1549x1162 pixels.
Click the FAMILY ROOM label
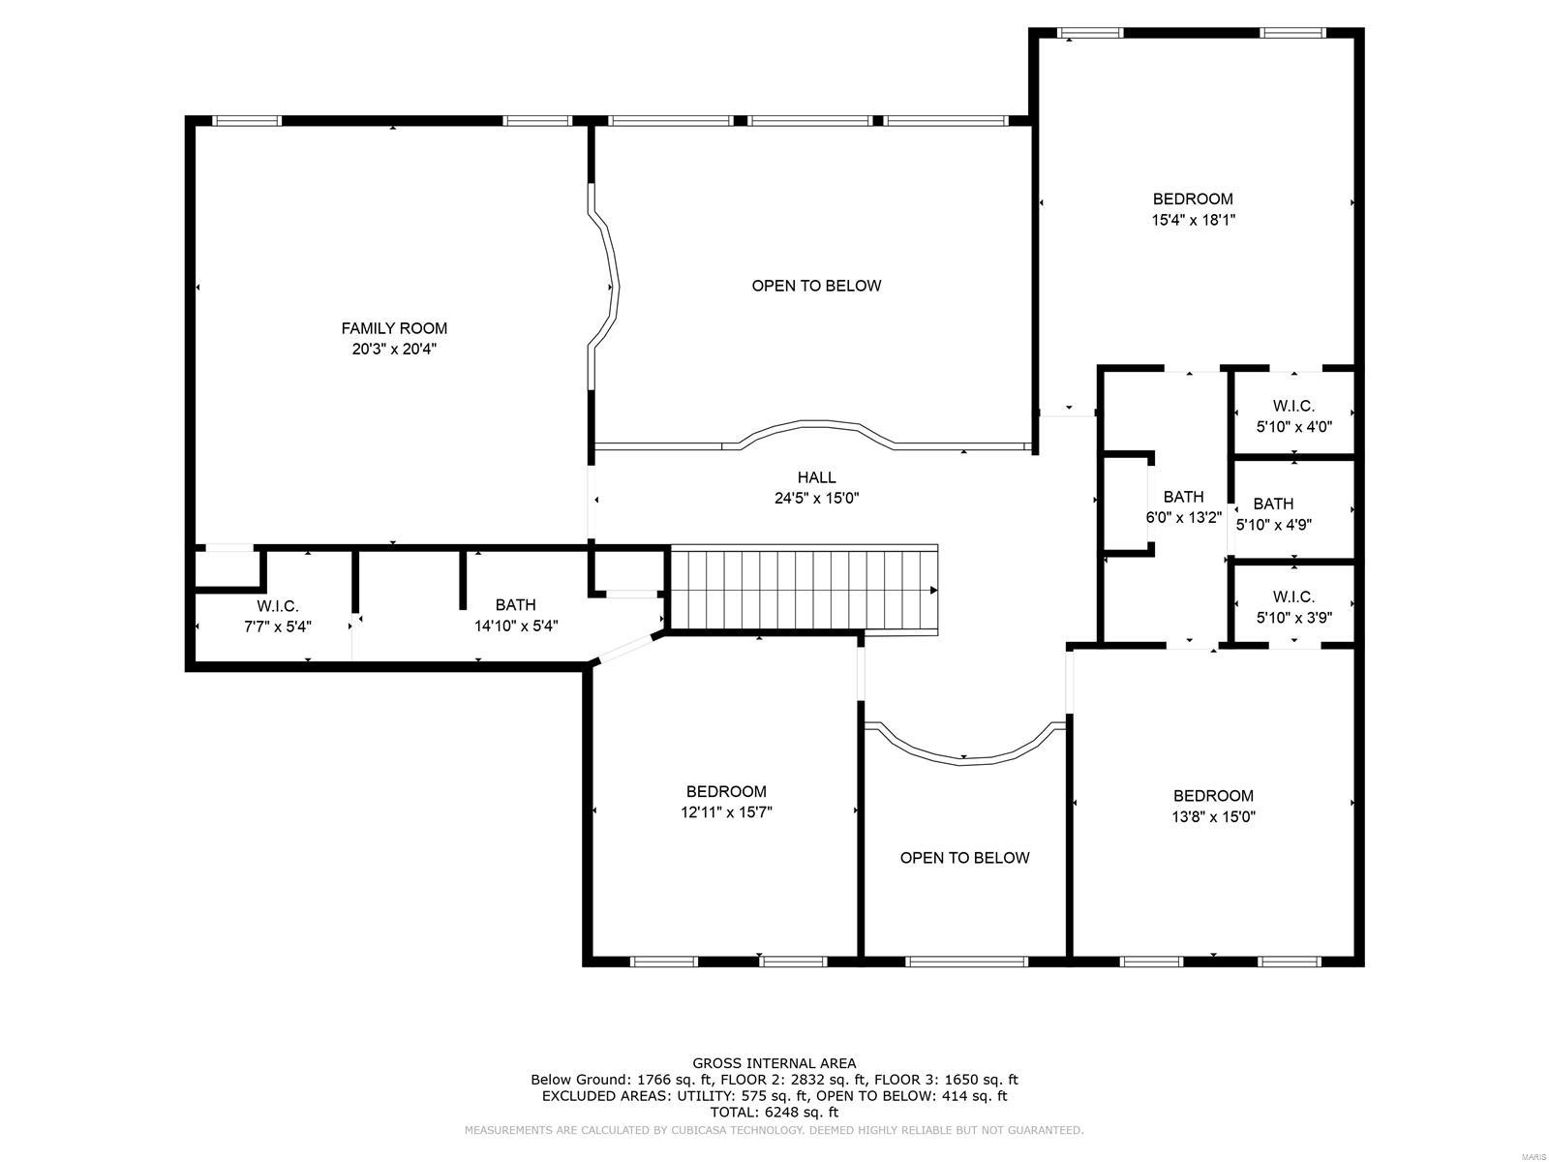click(x=394, y=328)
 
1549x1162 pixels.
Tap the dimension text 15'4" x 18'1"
click(x=1193, y=220)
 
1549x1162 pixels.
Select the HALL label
click(x=816, y=477)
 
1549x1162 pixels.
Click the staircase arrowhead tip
click(x=935, y=590)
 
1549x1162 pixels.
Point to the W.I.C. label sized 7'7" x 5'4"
click(x=277, y=606)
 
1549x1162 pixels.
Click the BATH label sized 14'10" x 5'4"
click(x=515, y=605)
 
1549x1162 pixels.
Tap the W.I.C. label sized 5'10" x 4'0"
click(x=1293, y=406)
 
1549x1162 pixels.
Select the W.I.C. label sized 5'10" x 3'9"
click(x=1293, y=596)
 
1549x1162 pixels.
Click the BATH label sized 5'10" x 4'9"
click(x=1273, y=504)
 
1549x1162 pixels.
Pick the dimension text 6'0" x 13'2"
click(x=1183, y=518)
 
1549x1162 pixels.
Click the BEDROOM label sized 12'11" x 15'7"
click(x=726, y=791)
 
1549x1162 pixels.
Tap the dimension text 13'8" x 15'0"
click(x=1213, y=816)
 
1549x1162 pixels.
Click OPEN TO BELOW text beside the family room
click(x=816, y=286)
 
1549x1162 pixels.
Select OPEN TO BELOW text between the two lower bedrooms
click(x=964, y=858)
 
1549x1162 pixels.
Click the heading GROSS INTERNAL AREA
click(x=774, y=1063)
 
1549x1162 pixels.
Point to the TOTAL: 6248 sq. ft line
click(x=774, y=1113)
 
